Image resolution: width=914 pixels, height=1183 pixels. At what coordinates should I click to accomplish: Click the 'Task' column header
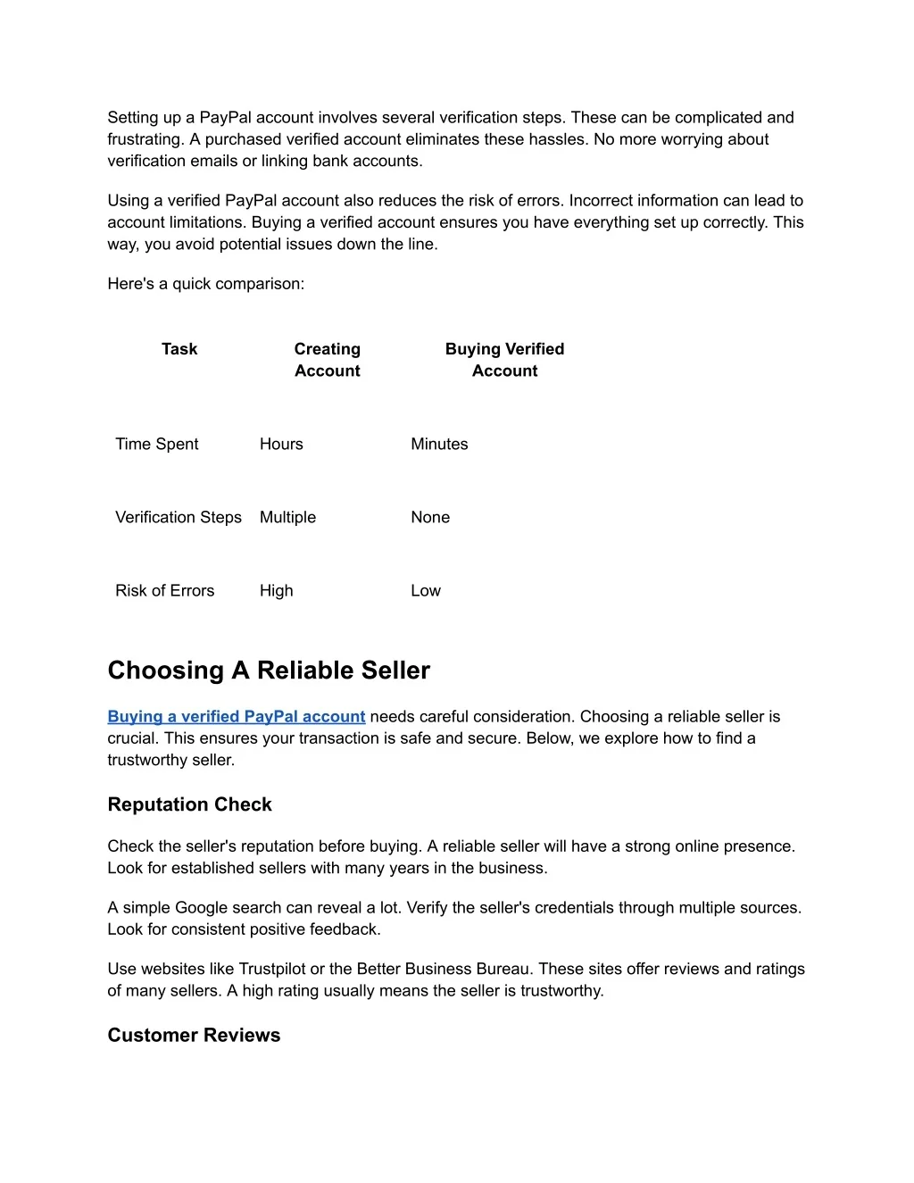tap(179, 349)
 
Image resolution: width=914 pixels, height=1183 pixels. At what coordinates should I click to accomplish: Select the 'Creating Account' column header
tap(328, 360)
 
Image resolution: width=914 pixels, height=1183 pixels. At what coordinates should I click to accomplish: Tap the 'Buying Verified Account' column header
tap(504, 360)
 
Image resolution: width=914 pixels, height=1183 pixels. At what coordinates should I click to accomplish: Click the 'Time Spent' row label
tap(157, 444)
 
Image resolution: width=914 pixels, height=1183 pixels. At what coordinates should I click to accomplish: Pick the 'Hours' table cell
tap(281, 444)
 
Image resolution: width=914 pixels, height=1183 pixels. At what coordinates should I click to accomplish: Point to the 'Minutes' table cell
tap(439, 444)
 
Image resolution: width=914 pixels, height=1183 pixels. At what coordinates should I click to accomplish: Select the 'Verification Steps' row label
tap(179, 517)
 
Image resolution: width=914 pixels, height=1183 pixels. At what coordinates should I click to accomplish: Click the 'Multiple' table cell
tap(287, 517)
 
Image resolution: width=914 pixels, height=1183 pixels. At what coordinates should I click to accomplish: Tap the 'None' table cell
tap(430, 517)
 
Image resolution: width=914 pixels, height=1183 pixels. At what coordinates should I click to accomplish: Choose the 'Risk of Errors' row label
tap(165, 590)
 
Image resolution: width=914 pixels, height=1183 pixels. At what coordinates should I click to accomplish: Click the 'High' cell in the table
tap(277, 590)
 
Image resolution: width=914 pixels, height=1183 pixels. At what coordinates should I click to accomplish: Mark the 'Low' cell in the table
tap(426, 590)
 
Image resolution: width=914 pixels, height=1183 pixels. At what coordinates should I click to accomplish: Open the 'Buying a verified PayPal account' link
tap(237, 716)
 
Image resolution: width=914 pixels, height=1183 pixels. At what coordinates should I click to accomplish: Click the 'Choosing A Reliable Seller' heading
tap(269, 671)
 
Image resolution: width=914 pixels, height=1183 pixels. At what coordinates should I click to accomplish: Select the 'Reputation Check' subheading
tap(189, 804)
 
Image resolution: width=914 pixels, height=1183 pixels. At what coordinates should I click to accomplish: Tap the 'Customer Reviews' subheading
tap(194, 1035)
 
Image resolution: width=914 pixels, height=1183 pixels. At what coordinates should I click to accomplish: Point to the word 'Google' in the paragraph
tap(201, 907)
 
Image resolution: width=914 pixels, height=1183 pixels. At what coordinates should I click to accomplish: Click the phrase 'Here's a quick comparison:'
tap(206, 284)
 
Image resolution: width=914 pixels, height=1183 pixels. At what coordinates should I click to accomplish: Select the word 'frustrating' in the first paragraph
tap(145, 139)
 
